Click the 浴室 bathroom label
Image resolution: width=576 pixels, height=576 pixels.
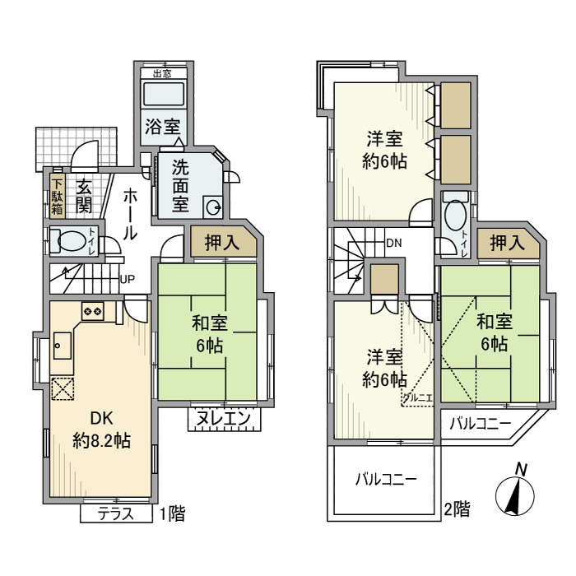163,127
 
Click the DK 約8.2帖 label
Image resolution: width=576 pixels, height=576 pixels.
100,429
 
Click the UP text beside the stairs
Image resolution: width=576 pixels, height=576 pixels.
128,278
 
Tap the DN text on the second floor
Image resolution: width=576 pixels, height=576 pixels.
393,243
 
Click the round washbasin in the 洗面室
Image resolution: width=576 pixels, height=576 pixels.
212,207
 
